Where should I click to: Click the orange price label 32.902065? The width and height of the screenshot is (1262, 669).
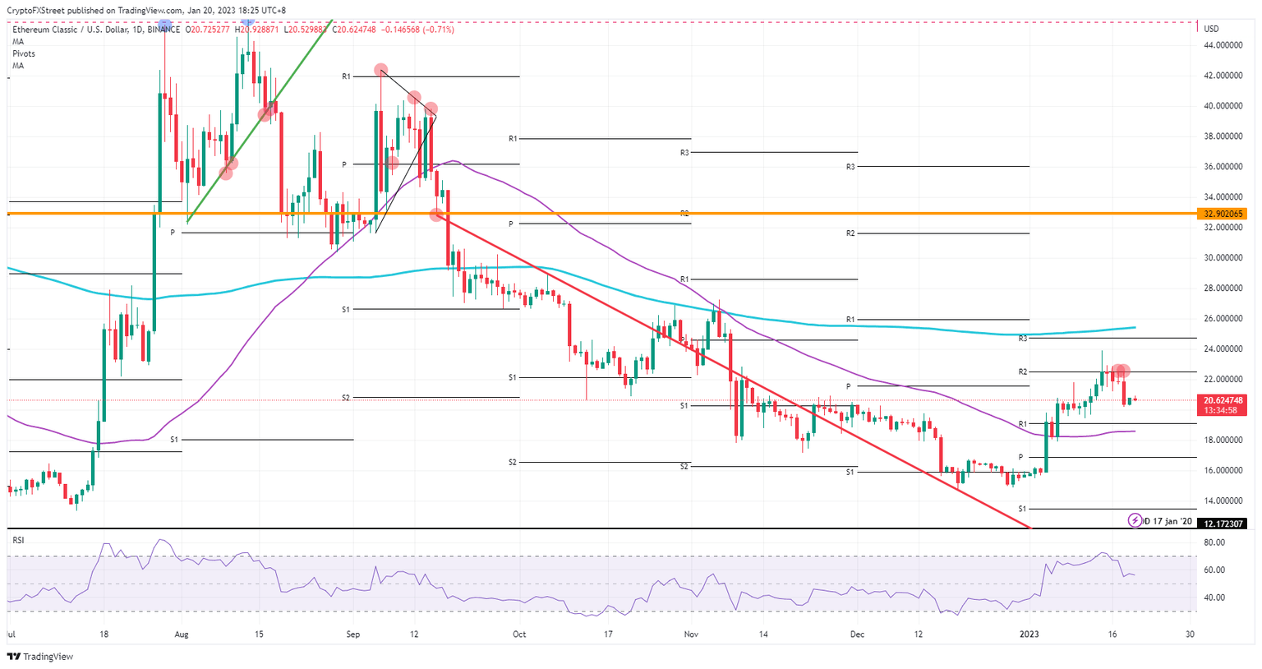click(x=1223, y=214)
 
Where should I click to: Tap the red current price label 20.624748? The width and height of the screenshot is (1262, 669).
click(x=1223, y=400)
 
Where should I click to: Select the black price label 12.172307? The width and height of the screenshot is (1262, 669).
click(x=1223, y=524)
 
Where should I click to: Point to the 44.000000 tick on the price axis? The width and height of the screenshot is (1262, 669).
click(x=1223, y=45)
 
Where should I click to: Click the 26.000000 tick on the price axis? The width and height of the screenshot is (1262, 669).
click(x=1223, y=319)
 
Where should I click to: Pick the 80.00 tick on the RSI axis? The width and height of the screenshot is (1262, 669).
click(x=1214, y=542)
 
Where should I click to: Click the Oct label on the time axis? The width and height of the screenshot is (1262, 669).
click(x=518, y=634)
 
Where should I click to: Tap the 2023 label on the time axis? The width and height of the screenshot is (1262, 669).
click(x=1029, y=634)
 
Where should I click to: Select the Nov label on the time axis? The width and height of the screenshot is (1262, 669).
click(x=691, y=634)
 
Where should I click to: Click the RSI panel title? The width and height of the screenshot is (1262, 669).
click(x=18, y=540)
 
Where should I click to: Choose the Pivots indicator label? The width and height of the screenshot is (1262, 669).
click(x=24, y=53)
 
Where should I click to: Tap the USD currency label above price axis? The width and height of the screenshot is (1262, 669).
click(x=1211, y=29)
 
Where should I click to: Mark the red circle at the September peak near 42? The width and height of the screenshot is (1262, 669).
click(x=380, y=71)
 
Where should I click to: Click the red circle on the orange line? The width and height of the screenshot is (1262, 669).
click(x=436, y=214)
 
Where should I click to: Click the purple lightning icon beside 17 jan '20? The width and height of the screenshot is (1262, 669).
click(x=1135, y=520)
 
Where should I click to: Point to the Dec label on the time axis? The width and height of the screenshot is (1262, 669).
click(x=858, y=634)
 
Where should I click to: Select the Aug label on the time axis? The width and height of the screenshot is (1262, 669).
click(x=182, y=634)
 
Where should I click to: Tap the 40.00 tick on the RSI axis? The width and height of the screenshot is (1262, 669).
click(x=1214, y=597)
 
